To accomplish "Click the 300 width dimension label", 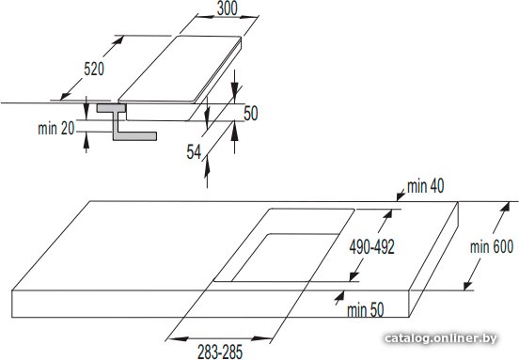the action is click(x=228, y=8).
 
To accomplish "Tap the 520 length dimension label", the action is click(x=94, y=70).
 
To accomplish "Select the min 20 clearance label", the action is click(x=56, y=129).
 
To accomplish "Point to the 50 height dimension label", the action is click(x=250, y=113).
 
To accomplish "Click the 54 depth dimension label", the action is click(x=194, y=152).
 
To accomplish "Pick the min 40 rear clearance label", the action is click(x=425, y=187).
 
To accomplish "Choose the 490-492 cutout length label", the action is click(x=371, y=247).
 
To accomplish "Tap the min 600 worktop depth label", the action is click(x=492, y=247).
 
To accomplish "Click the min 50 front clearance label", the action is click(x=365, y=310).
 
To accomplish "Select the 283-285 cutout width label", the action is click(x=220, y=352).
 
